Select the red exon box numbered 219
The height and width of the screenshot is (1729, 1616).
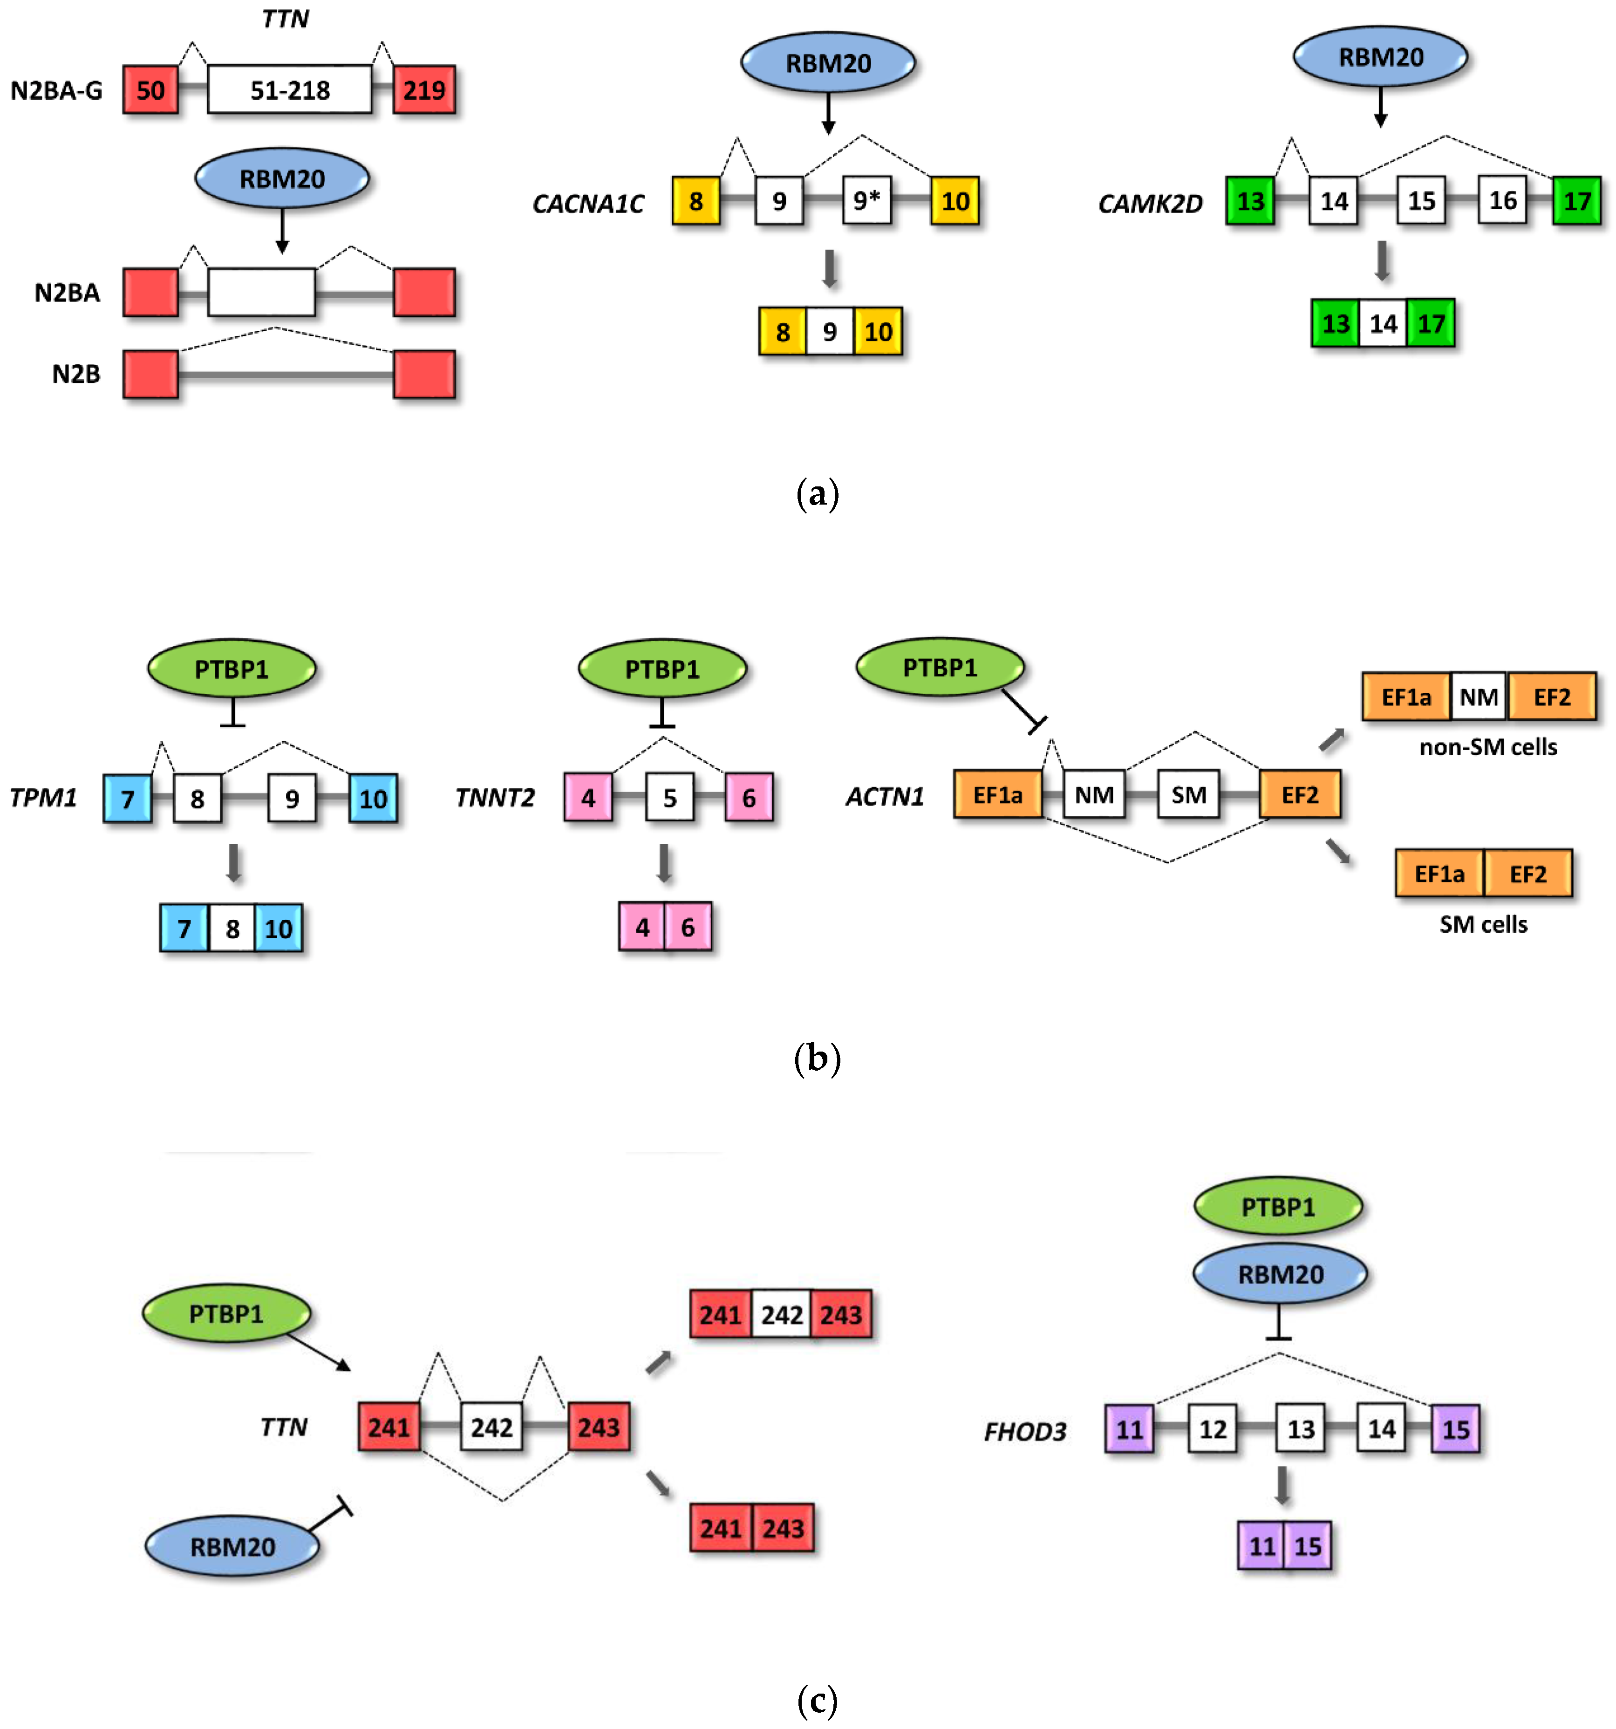pos(423,89)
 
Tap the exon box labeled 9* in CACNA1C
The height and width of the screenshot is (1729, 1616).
pos(866,201)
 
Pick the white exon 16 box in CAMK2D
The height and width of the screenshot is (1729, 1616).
pos(1502,201)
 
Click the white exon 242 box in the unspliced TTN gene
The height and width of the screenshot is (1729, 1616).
pos(491,1427)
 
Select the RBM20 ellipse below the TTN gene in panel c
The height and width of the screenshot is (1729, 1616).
pos(232,1546)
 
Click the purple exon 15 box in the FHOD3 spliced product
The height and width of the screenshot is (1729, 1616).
pos(1307,1545)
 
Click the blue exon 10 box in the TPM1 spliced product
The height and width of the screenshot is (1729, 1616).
pos(278,928)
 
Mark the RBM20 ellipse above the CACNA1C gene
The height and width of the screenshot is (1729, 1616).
pos(828,62)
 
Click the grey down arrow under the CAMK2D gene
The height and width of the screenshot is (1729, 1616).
pos(1381,261)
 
